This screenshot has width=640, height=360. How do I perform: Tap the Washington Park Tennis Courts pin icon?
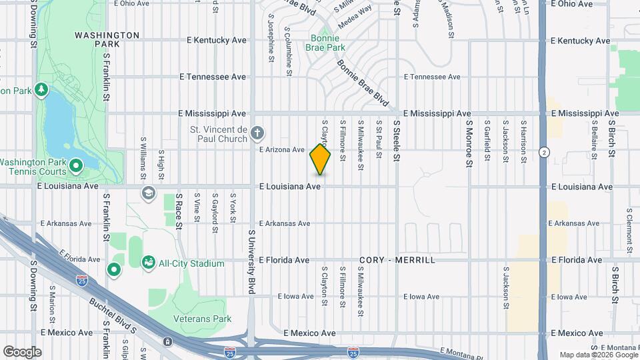tap(75, 164)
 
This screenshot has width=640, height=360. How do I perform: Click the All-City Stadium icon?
tap(147, 262)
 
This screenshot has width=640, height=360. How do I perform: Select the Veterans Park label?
tap(202, 319)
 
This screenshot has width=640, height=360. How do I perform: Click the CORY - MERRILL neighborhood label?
tap(397, 260)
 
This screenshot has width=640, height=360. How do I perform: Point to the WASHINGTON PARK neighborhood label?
tap(107, 39)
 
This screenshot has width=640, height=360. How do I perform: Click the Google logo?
tap(21, 352)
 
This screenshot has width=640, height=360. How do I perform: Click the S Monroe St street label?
tap(469, 143)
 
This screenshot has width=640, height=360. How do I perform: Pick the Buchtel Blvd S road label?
tap(113, 316)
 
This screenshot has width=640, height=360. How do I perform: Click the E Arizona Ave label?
tap(282, 150)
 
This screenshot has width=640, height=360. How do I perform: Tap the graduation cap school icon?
tap(148, 193)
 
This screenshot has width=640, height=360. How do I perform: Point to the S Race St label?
tap(179, 211)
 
